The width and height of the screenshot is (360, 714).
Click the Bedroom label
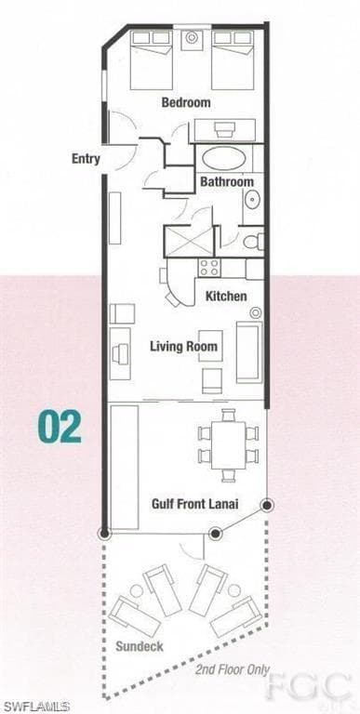(x=186, y=102)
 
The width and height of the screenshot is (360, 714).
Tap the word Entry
(x=86, y=159)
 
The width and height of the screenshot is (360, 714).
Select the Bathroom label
(x=227, y=181)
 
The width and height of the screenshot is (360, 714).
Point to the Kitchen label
(x=226, y=297)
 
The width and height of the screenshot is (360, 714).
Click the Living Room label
(x=183, y=347)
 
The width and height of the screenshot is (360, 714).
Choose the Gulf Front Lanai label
(x=194, y=504)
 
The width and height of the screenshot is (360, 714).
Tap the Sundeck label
(x=140, y=646)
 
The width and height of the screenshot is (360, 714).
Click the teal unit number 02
(x=60, y=427)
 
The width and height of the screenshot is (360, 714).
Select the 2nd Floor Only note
(x=233, y=669)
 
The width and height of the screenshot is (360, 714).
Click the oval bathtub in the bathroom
(x=224, y=159)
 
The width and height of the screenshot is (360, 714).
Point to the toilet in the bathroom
(x=253, y=242)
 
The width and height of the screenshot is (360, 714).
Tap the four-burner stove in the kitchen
(x=209, y=268)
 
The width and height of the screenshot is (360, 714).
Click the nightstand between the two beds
(x=192, y=40)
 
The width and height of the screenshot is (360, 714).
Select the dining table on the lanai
(x=228, y=445)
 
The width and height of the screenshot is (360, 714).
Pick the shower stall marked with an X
(x=188, y=242)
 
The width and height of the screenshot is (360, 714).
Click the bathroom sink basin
(x=251, y=199)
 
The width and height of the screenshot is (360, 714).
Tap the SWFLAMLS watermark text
(x=35, y=707)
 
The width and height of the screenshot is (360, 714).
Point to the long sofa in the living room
(x=248, y=352)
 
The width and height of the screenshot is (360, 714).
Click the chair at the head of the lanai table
(x=228, y=416)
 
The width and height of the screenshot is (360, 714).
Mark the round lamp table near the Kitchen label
(x=256, y=312)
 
